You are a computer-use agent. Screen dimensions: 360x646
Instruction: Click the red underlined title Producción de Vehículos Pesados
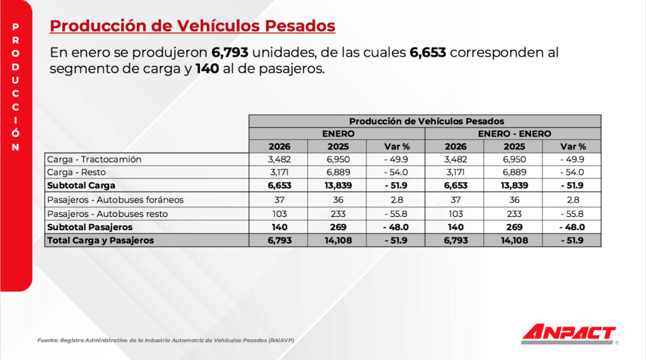click(x=192, y=26)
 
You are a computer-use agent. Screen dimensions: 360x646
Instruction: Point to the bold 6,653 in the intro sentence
click(x=428, y=52)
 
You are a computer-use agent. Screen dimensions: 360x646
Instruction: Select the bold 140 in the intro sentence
click(x=207, y=69)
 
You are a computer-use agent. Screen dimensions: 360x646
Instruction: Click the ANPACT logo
click(x=568, y=333)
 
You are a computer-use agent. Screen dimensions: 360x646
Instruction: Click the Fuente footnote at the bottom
click(x=166, y=340)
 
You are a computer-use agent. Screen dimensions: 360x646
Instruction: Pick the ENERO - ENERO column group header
click(x=514, y=134)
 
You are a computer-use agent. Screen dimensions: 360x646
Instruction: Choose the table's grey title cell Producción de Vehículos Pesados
click(x=426, y=121)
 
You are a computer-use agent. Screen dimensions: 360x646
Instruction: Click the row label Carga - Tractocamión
click(x=94, y=159)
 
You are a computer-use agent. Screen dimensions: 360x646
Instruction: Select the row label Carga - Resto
click(x=76, y=172)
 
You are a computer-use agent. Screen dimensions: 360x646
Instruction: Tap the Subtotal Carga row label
click(x=81, y=185)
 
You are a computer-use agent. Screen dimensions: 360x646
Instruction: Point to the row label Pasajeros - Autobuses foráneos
click(x=115, y=200)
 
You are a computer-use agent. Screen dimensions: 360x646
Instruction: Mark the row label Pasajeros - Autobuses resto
click(x=107, y=214)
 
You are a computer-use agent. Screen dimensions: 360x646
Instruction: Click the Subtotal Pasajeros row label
click(x=90, y=227)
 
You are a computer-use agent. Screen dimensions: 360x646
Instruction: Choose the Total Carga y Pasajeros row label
click(x=100, y=240)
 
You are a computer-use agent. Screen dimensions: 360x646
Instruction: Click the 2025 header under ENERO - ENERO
click(x=514, y=146)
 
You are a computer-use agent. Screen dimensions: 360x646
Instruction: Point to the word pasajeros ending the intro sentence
click(x=294, y=69)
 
